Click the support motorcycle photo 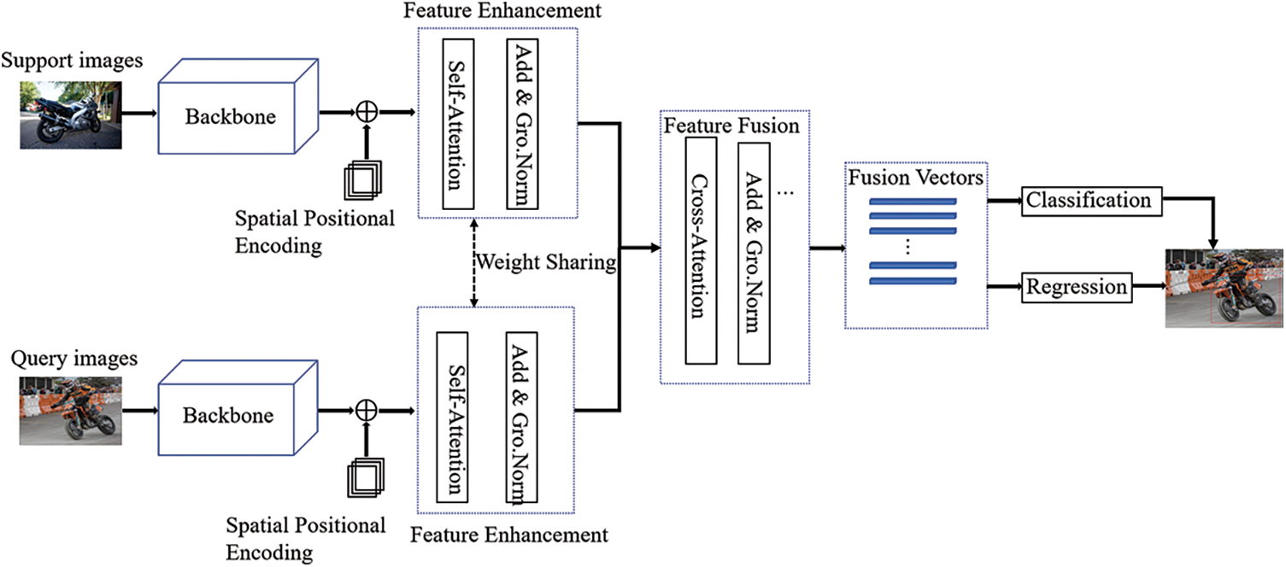coord(71,114)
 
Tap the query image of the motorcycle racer coord(71,410)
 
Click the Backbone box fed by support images coord(231,116)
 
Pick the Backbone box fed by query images coord(228,416)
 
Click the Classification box coord(1089,201)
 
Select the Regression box coord(1077,288)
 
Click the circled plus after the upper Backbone coord(366,111)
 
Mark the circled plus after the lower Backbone coord(366,411)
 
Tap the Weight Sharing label coord(546,262)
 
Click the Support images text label coord(72,61)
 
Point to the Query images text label coord(74,359)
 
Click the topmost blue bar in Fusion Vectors coord(912,203)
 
